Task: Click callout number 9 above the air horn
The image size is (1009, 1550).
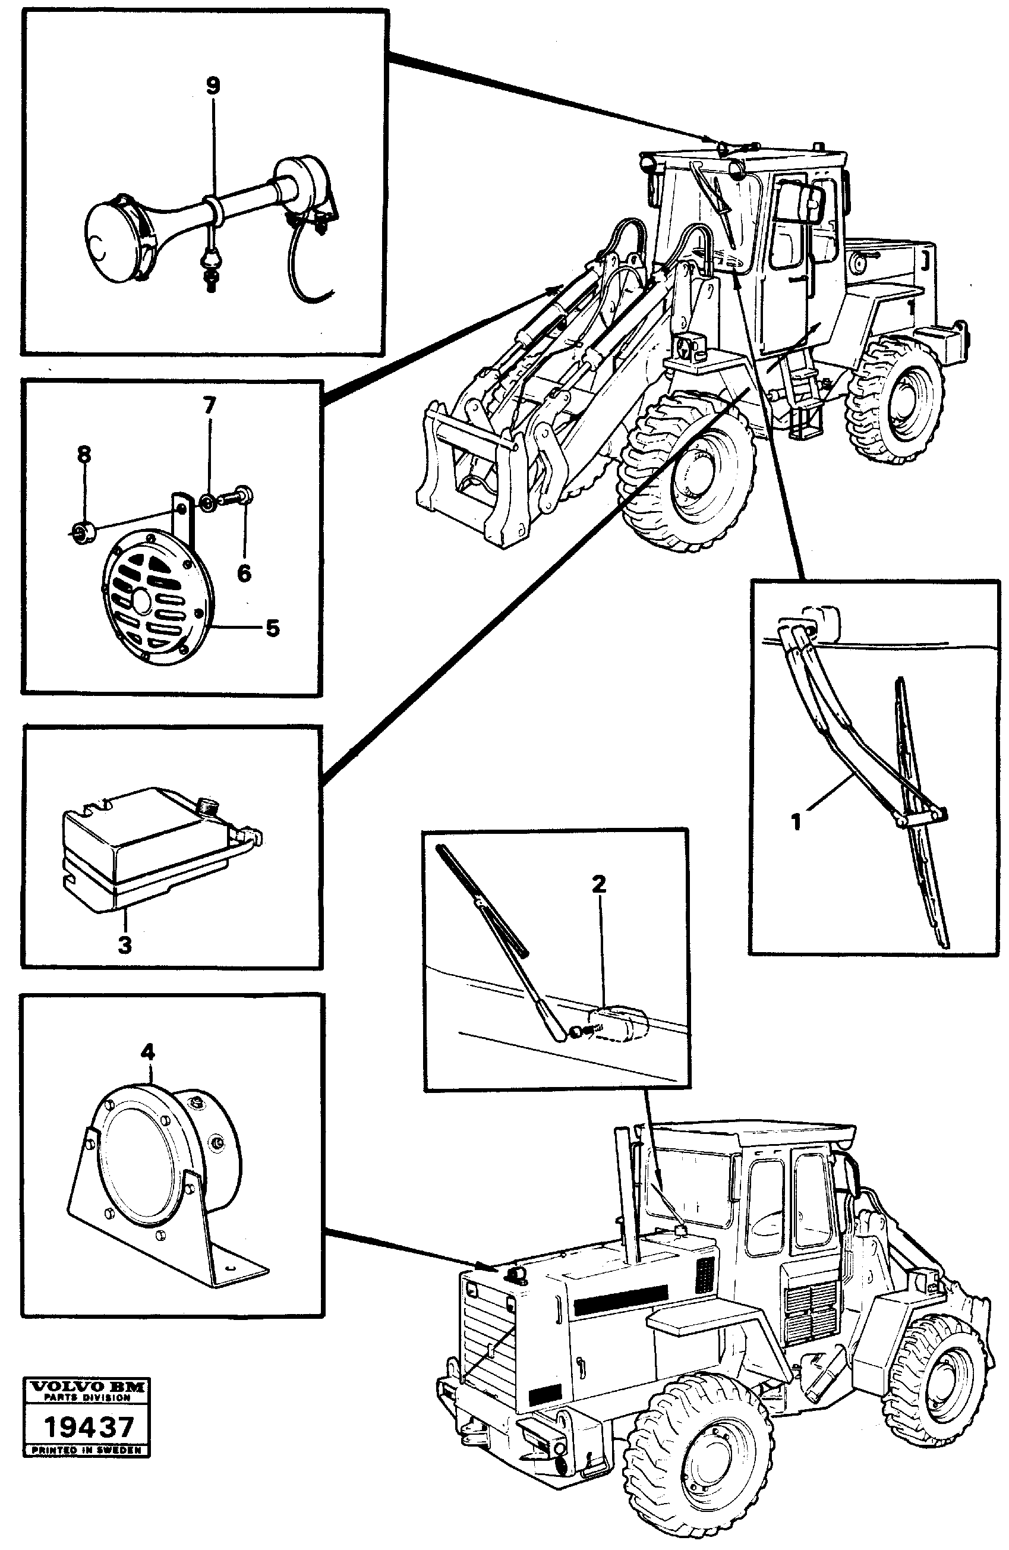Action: point(213,86)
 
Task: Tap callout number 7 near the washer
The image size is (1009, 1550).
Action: point(209,406)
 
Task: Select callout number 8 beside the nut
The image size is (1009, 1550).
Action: point(84,454)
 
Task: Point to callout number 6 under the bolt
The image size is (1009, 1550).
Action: point(244,573)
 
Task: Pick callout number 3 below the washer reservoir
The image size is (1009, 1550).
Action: point(125,944)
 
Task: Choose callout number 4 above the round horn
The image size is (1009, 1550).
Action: point(149,1052)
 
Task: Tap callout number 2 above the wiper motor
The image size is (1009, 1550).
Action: point(598,884)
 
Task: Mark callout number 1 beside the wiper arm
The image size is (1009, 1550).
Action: point(796,822)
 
